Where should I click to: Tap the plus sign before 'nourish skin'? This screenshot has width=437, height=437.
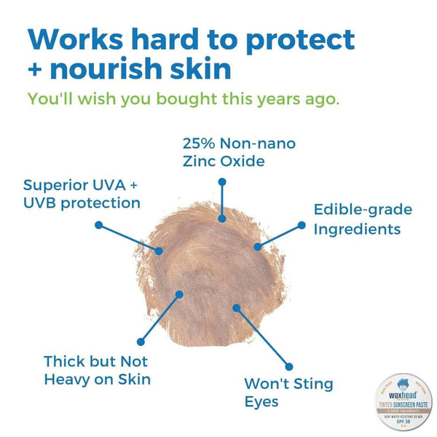[x=37, y=70]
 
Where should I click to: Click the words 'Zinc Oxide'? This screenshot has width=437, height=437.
[x=221, y=160]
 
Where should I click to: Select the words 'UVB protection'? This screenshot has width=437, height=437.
[x=82, y=203]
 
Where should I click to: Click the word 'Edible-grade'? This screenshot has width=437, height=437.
[x=363, y=210]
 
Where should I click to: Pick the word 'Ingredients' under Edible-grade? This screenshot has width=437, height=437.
[x=357, y=229]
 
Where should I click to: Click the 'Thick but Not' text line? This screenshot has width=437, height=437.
[x=95, y=361]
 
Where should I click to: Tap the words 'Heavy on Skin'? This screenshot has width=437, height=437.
[x=98, y=379]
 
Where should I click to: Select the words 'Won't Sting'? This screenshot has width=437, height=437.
[x=288, y=383]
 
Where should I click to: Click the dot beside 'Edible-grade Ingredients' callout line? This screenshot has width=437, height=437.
[x=302, y=225]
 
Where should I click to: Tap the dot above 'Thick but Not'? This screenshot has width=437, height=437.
[x=141, y=340]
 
